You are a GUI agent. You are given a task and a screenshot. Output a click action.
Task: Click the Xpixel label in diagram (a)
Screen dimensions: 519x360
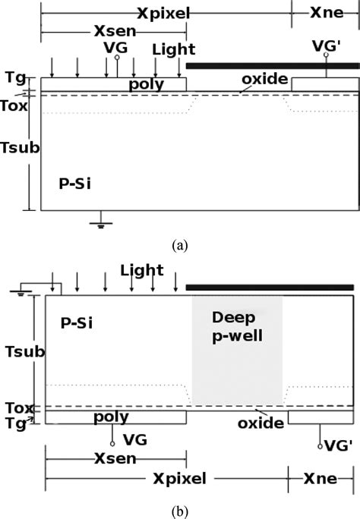(163, 13)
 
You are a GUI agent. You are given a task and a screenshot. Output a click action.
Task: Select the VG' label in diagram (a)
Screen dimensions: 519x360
(327, 46)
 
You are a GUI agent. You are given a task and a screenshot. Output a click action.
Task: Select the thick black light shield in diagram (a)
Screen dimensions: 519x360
(272, 66)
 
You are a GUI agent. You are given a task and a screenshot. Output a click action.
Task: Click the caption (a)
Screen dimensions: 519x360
(179, 245)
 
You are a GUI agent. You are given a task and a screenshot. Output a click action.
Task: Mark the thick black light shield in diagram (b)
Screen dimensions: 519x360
(270, 288)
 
